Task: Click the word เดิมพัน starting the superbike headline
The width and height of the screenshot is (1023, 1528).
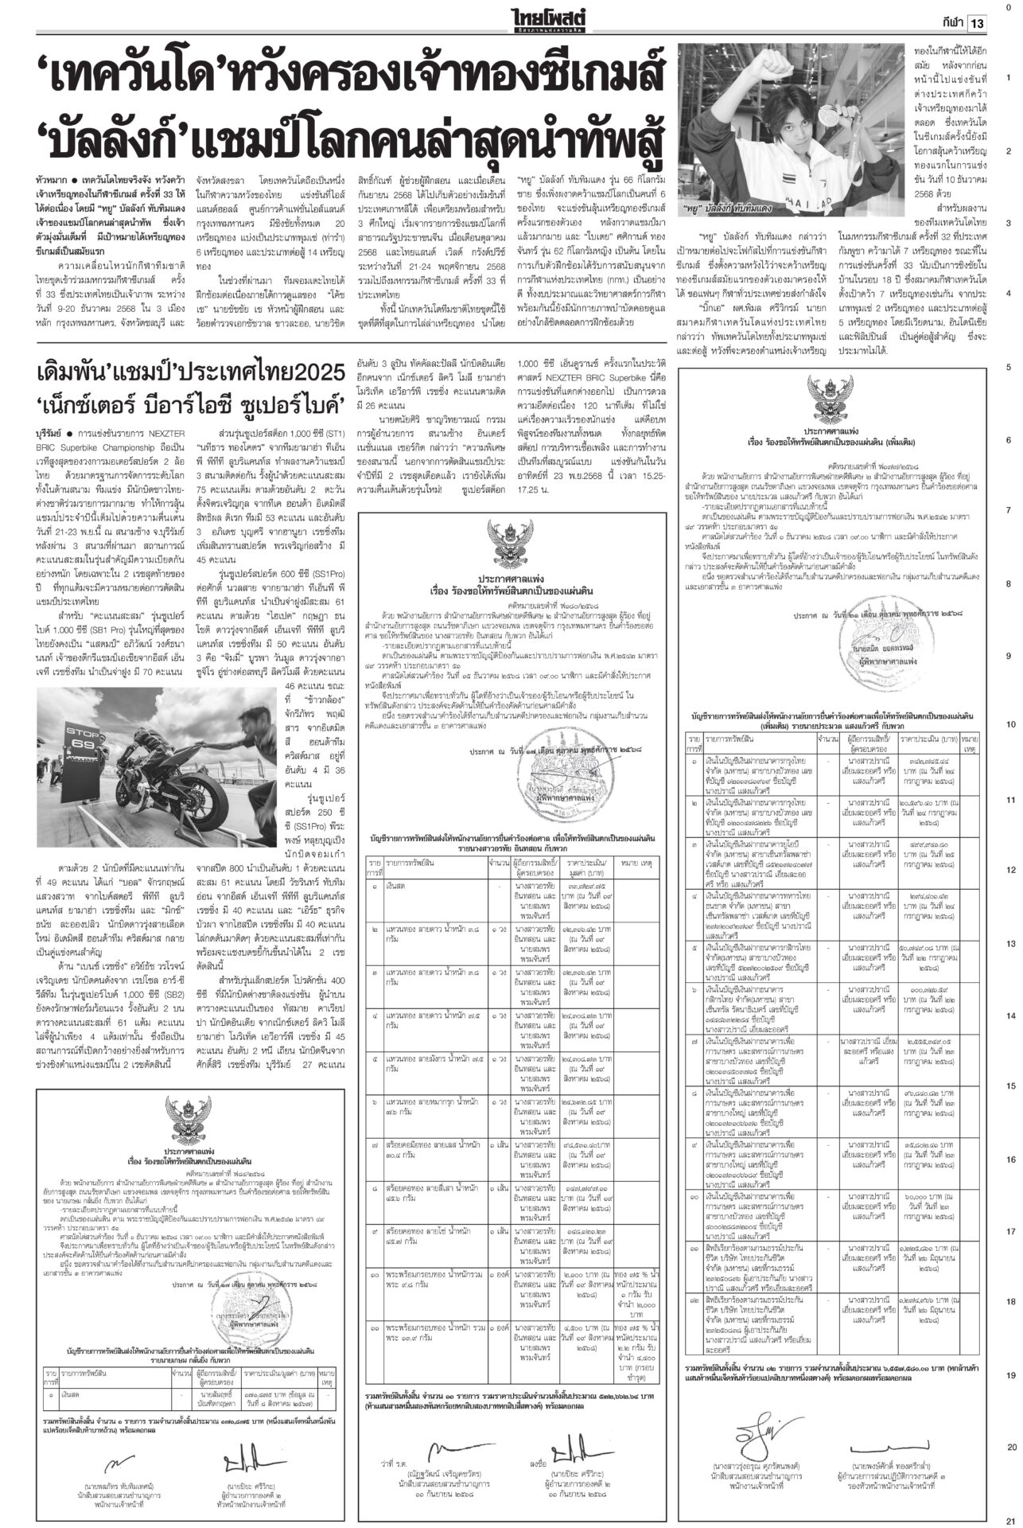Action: click(84, 372)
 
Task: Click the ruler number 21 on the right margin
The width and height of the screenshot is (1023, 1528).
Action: click(1009, 1518)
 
